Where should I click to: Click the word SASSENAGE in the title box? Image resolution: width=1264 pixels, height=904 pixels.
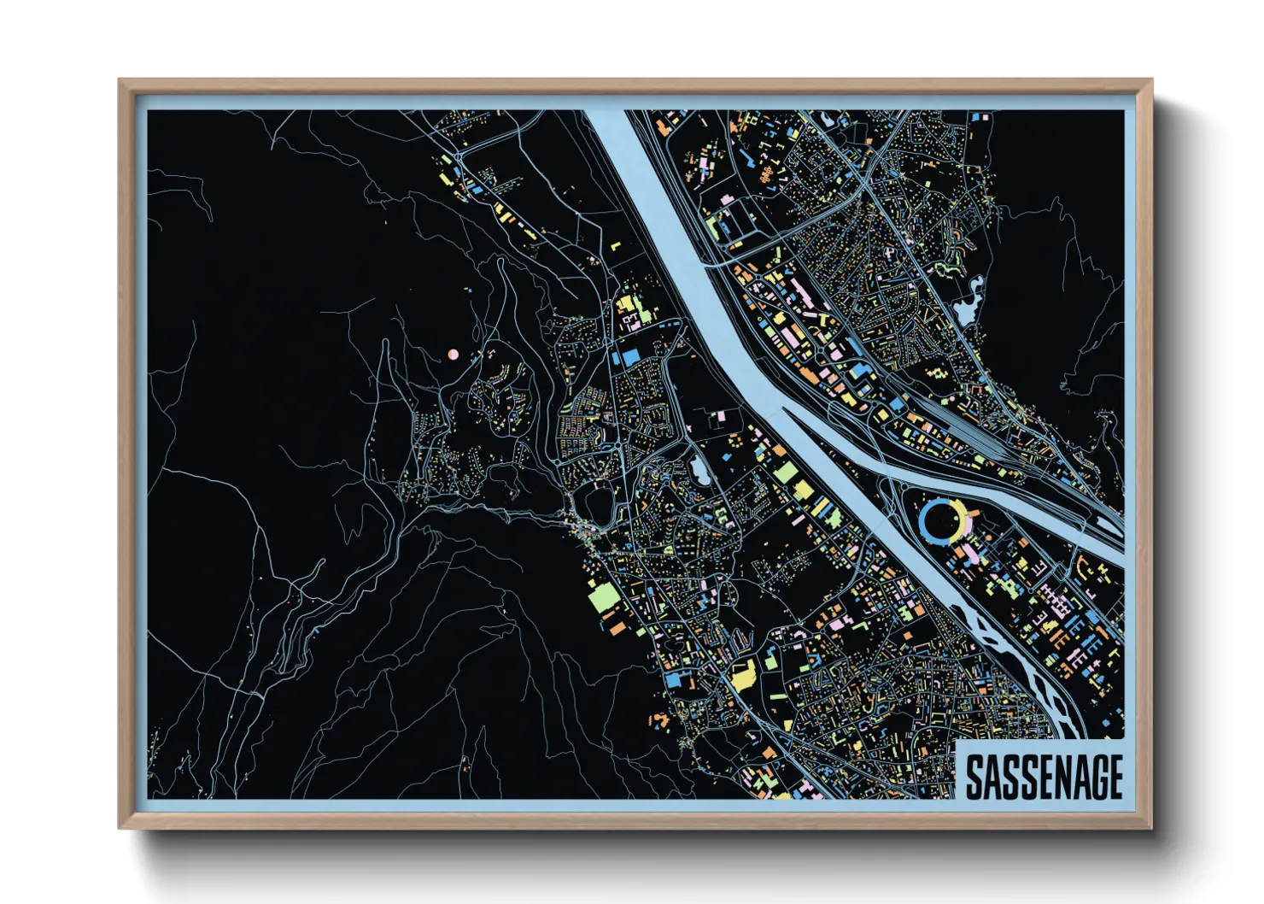coord(1043,777)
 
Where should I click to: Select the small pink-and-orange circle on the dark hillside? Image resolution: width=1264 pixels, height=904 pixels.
coord(454,354)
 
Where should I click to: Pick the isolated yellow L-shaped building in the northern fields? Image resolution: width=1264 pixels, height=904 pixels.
coord(615,246)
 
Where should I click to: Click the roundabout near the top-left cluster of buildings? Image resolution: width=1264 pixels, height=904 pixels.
coord(460,158)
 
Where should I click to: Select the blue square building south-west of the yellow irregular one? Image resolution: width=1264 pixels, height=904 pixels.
coord(676,679)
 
